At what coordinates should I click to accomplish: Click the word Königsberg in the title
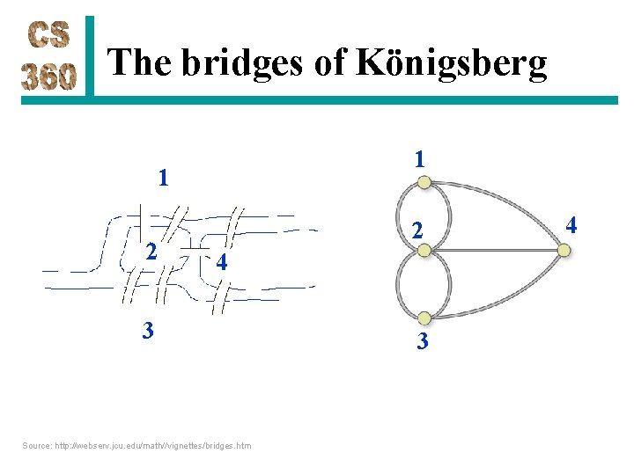tap(451, 63)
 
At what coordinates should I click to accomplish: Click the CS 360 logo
tap(50, 56)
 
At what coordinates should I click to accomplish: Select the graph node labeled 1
tap(424, 182)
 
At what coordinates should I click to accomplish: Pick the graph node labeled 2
tap(424, 251)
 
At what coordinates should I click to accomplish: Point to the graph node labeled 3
tap(424, 318)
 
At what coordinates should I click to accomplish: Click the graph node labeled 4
tap(564, 251)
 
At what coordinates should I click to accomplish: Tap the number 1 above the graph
tap(420, 159)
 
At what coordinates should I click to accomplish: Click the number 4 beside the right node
tap(571, 226)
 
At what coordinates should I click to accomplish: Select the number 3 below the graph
tap(423, 341)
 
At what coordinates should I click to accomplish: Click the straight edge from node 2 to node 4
tap(493, 251)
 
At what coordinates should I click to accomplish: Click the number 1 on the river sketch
tap(163, 179)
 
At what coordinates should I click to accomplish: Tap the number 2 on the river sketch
tap(151, 252)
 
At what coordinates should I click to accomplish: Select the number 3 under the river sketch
tap(149, 332)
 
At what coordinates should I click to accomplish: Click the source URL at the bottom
tap(136, 445)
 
